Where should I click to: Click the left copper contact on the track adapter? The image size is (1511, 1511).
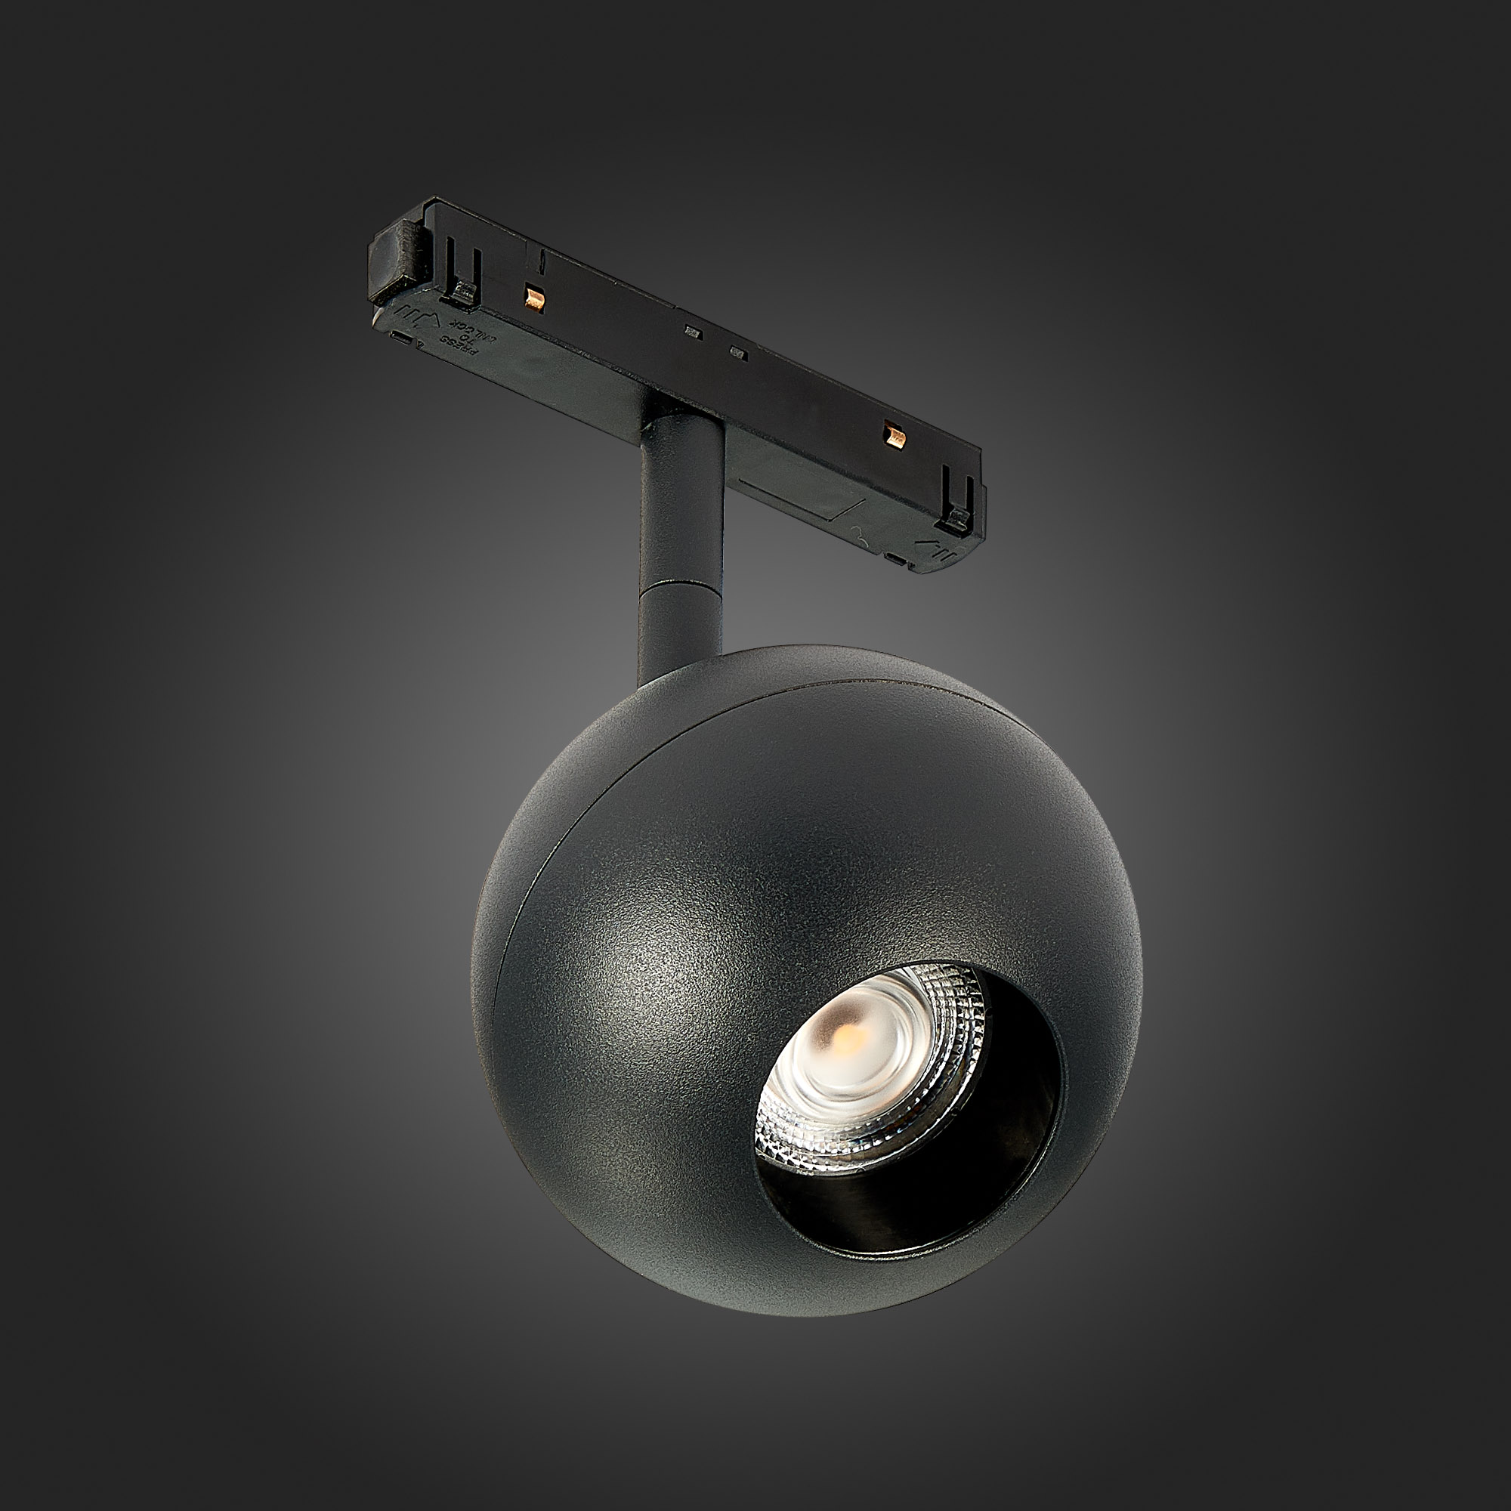click(x=535, y=295)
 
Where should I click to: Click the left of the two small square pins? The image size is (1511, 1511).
click(x=691, y=332)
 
